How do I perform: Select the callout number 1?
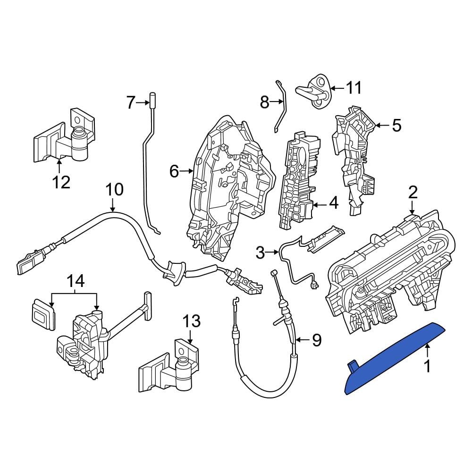tap(427, 367)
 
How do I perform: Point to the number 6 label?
tap(174, 171)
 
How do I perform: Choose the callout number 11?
tap(353, 88)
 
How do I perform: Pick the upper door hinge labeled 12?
tap(64, 136)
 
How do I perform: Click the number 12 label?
tap(61, 182)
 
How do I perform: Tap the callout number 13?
tap(192, 321)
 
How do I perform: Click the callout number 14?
tap(76, 282)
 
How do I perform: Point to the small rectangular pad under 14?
tap(43, 314)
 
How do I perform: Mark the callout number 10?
tap(115, 190)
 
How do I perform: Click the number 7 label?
tap(130, 102)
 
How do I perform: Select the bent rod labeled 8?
tap(280, 106)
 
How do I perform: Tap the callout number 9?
tap(316, 340)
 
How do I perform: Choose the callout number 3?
tap(260, 253)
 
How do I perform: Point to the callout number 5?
tap(397, 125)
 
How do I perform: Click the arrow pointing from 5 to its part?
tap(382, 125)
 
